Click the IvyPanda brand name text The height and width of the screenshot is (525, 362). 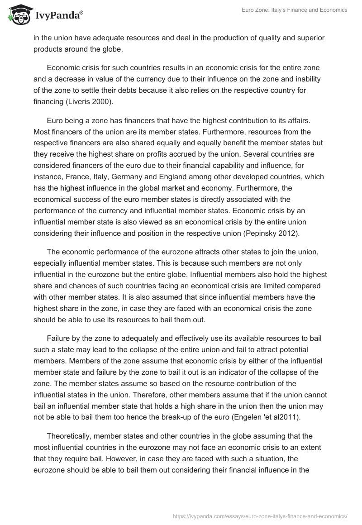tap(59, 15)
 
